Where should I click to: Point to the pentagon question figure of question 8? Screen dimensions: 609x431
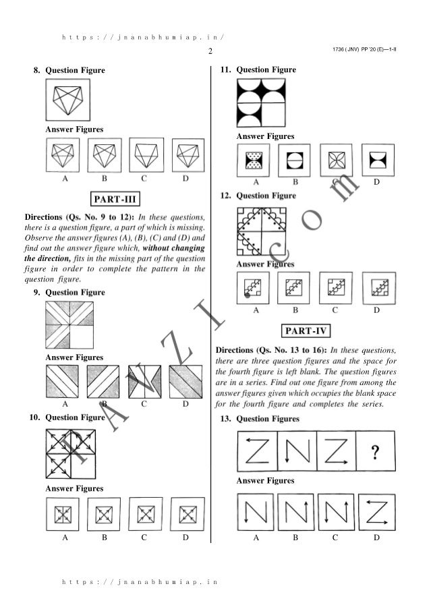[x=68, y=99]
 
